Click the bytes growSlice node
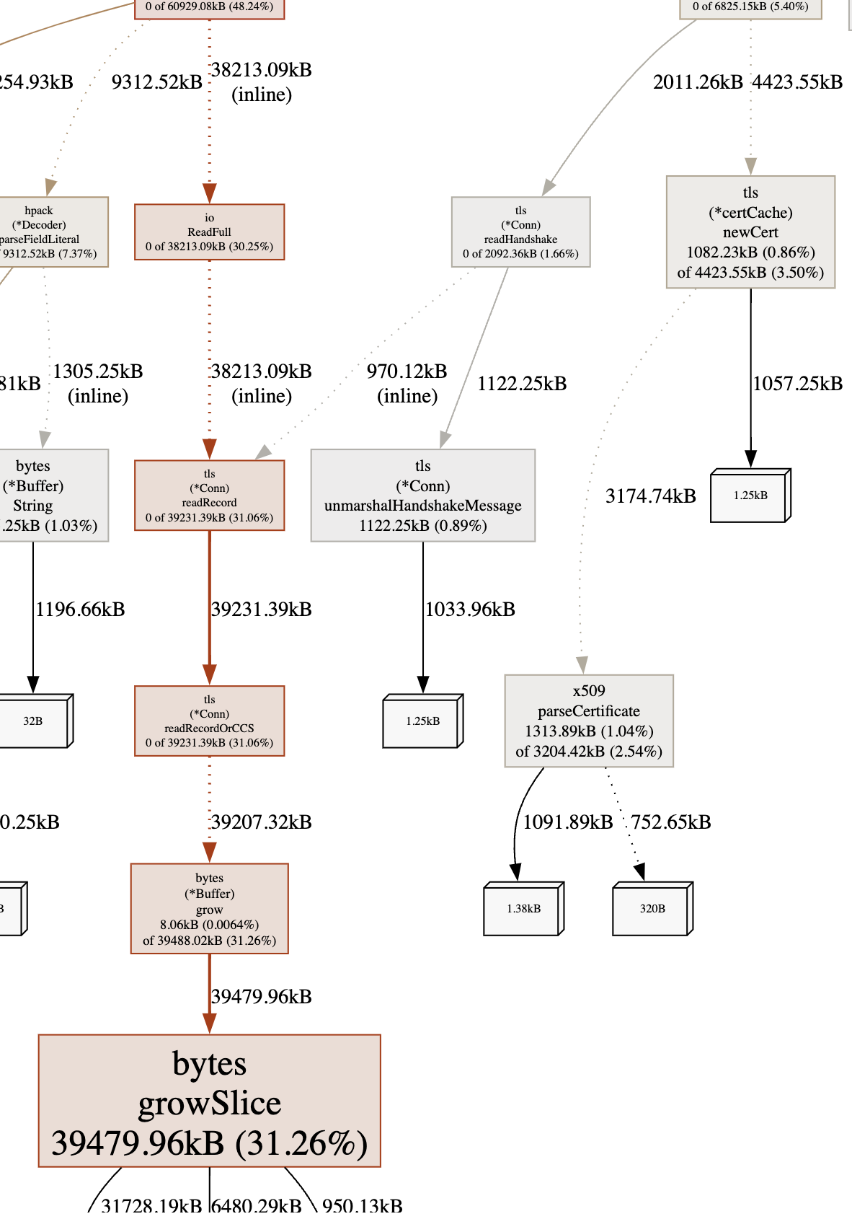(x=209, y=1101)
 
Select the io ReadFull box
(x=209, y=232)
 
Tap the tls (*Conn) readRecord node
(x=209, y=496)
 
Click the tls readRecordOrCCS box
(x=209, y=721)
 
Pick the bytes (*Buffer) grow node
(x=209, y=908)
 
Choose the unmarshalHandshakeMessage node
(x=422, y=496)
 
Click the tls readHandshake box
(x=520, y=232)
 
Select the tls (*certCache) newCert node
(x=750, y=232)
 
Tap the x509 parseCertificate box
(x=588, y=721)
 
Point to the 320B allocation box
(x=652, y=909)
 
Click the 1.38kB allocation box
(x=523, y=909)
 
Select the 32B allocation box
(x=33, y=721)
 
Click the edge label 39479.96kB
(x=261, y=996)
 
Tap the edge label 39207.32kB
(x=261, y=822)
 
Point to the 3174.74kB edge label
(x=650, y=496)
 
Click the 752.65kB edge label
(x=670, y=822)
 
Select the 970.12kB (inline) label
(x=407, y=383)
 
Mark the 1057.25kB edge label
(x=797, y=383)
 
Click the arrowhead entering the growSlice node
(x=209, y=1024)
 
